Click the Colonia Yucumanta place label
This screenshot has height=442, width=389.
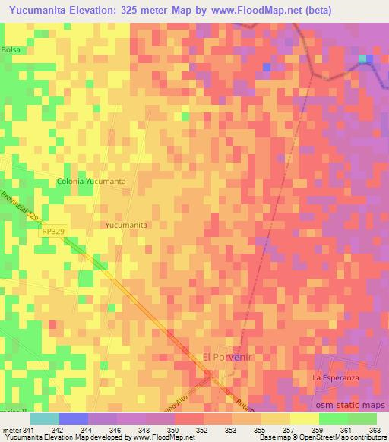[92, 182]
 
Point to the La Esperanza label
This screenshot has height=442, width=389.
[335, 377]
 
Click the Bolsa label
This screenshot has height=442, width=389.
[11, 49]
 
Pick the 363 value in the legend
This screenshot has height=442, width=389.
[375, 429]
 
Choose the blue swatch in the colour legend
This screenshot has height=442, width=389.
[73, 418]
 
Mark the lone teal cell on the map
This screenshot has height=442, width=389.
[362, 58]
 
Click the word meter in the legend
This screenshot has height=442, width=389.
[11, 429]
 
